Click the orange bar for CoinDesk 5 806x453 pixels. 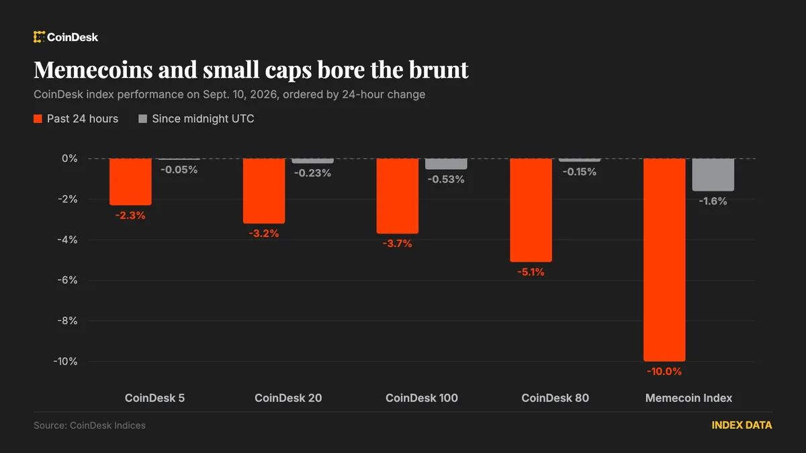click(130, 182)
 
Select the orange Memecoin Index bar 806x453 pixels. click(664, 260)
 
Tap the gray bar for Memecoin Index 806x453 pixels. click(713, 174)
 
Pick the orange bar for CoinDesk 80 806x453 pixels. click(531, 210)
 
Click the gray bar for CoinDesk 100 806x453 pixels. click(446, 164)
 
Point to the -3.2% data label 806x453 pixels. click(264, 234)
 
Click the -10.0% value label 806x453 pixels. click(664, 371)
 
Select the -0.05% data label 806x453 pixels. click(179, 170)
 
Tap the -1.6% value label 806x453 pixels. click(713, 201)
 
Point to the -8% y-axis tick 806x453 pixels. click(67, 321)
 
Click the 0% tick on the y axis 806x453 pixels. click(69, 158)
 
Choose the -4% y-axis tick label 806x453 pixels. click(67, 240)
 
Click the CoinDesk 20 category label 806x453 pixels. click(288, 398)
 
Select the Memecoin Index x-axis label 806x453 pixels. click(688, 398)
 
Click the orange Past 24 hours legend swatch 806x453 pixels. click(38, 119)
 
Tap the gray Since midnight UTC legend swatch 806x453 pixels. click(143, 119)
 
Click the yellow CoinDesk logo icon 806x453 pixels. click(39, 37)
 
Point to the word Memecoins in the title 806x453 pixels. click(93, 69)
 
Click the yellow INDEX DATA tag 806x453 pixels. click(742, 425)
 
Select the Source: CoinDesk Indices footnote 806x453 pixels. click(89, 425)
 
